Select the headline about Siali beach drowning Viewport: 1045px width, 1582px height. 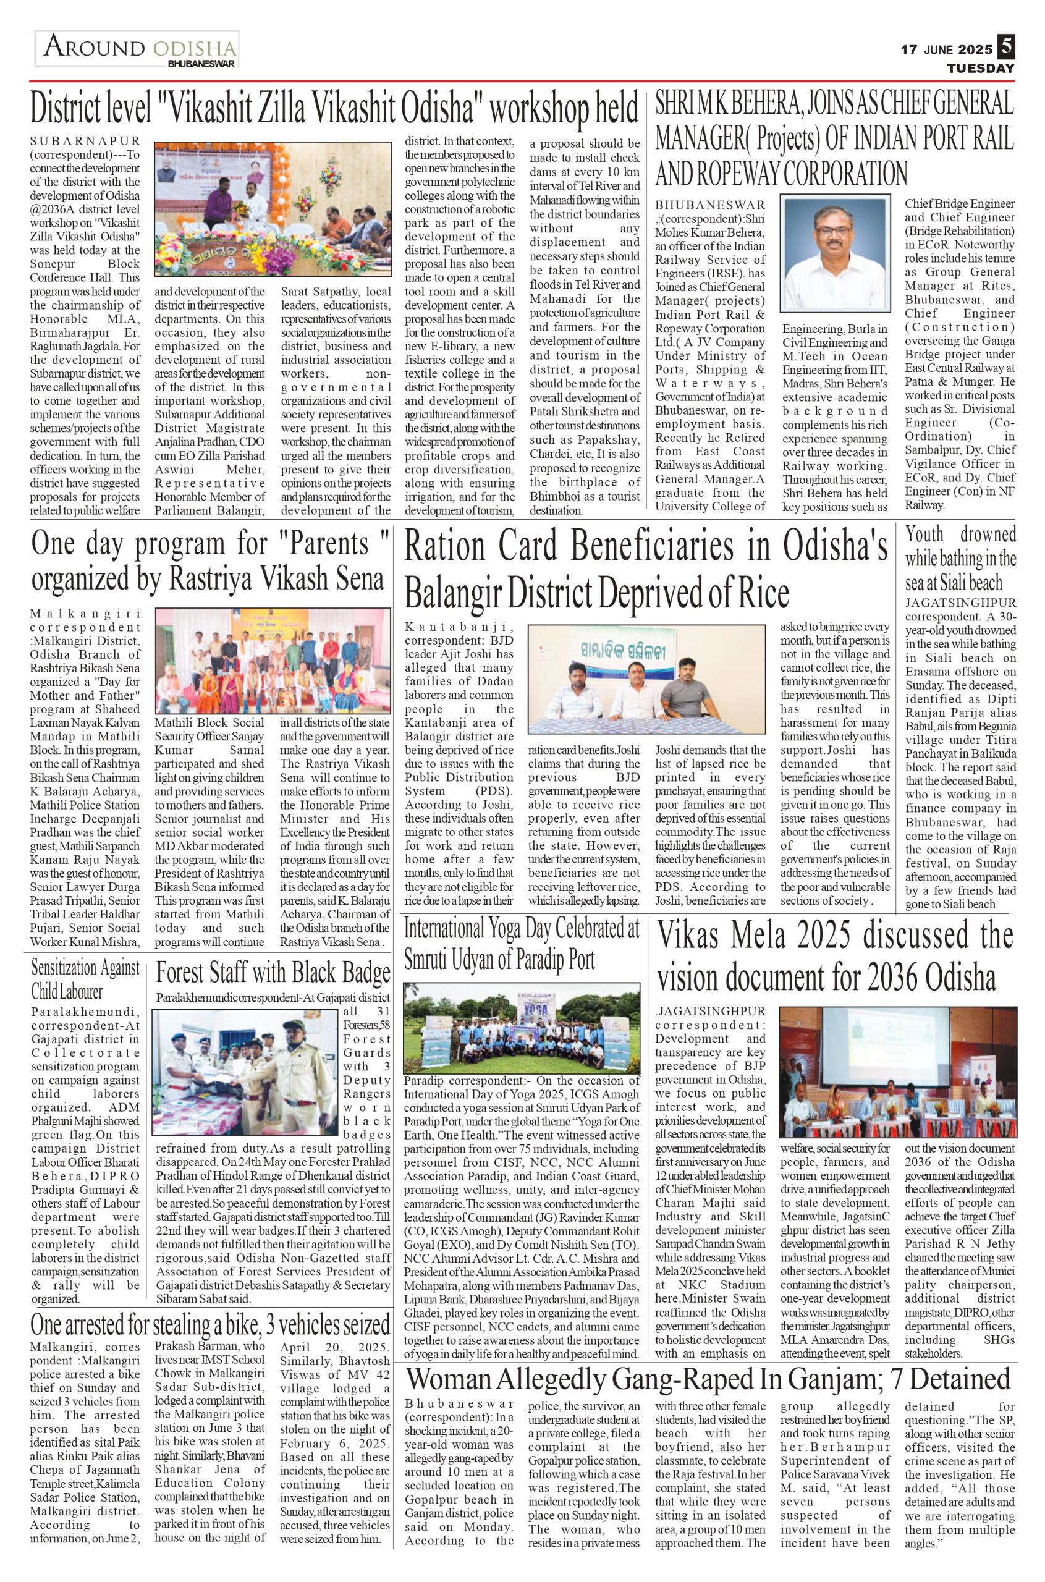click(x=960, y=559)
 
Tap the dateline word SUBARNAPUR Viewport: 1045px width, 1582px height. click(x=85, y=141)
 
